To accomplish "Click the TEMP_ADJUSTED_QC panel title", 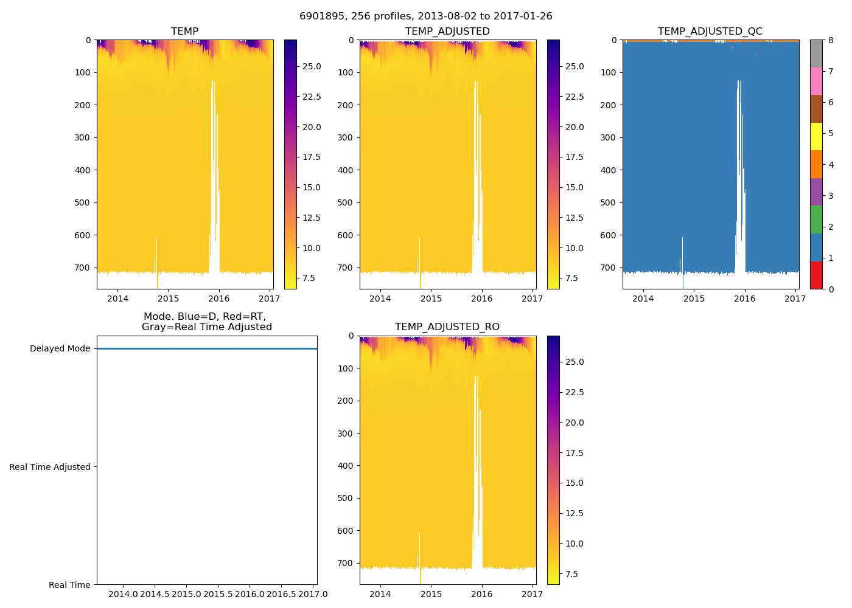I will coord(710,32).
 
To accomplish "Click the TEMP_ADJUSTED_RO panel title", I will coord(447,327).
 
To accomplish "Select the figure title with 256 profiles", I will coord(425,16).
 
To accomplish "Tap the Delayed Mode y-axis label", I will coord(60,349).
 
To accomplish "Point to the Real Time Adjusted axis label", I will coord(49,467).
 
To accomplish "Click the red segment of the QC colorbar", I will coord(816,275).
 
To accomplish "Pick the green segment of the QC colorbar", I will coord(816,219).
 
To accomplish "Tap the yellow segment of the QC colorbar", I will coord(816,137).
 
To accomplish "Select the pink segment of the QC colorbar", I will coord(816,81).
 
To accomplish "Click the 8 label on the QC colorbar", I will coord(830,40).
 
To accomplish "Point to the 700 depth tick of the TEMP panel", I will coord(82,268).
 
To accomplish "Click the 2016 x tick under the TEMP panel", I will coord(219,299).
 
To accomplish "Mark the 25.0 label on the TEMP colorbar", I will coord(312,66).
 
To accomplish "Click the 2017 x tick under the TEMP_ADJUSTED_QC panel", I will coord(795,299).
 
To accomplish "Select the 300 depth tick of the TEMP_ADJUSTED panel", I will coord(345,137).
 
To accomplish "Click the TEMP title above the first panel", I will coord(184,32).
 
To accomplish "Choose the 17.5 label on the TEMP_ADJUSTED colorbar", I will coord(575,157).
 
